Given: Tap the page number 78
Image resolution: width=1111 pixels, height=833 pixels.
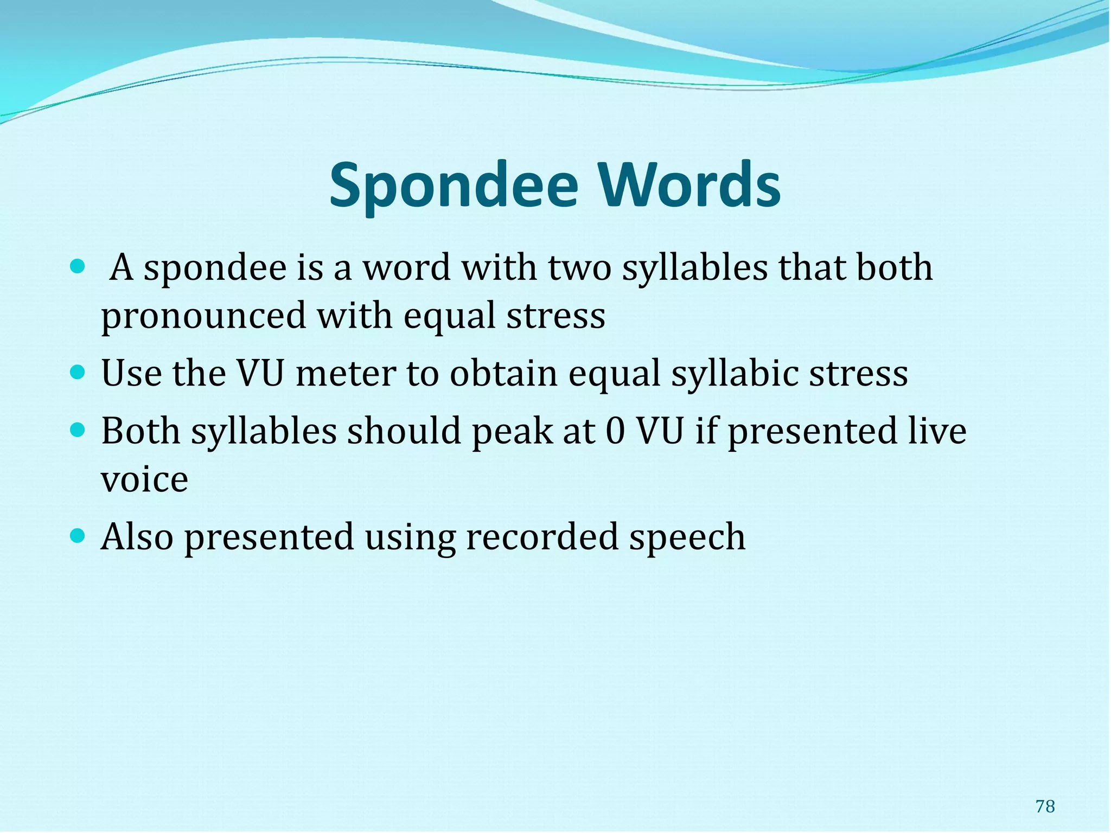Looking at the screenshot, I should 1045,806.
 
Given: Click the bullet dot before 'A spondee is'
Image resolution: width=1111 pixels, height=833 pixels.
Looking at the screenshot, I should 78,266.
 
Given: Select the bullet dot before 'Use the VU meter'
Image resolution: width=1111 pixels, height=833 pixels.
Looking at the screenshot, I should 78,373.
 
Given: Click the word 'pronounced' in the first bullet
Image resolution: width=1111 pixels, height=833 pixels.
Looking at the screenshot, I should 203,317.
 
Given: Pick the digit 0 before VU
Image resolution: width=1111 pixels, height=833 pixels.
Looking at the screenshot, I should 615,432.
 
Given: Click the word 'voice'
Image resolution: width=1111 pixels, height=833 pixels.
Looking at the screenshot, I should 144,479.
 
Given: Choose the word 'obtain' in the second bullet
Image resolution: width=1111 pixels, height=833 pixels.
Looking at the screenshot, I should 503,374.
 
